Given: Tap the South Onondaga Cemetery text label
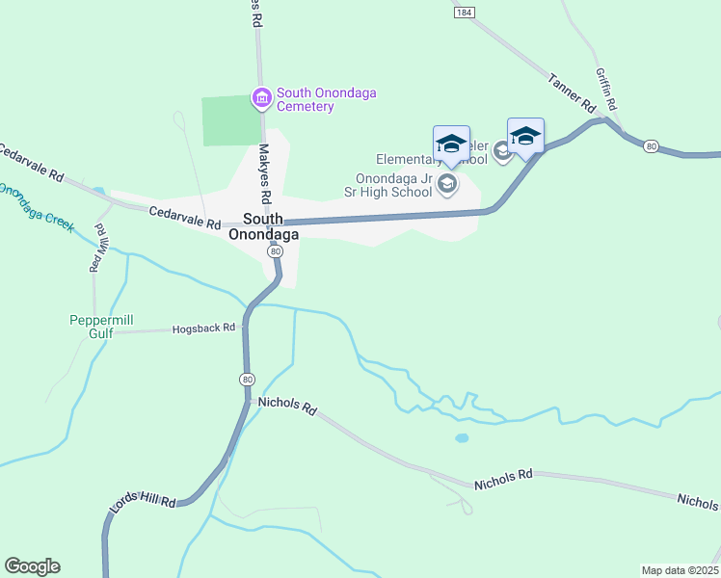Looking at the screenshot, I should [x=326, y=99].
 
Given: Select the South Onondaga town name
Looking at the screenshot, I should [x=263, y=226].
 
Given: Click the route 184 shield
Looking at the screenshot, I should [x=466, y=12].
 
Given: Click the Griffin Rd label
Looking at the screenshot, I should [x=606, y=90].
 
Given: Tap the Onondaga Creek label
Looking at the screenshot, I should [x=36, y=204].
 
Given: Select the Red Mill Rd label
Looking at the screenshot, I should [x=96, y=248].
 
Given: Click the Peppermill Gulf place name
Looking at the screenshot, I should [x=105, y=327].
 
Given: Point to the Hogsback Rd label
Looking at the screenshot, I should [x=203, y=328].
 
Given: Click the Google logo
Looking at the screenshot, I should [x=32, y=566].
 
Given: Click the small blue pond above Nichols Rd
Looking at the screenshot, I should [x=462, y=437].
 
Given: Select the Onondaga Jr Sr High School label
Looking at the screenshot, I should [x=393, y=185].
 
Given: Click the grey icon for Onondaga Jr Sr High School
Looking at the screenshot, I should [x=447, y=183].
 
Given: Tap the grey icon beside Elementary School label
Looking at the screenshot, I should [x=501, y=150].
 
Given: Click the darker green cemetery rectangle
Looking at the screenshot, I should [x=231, y=120].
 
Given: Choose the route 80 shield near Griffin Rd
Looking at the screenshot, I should [x=652, y=146].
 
